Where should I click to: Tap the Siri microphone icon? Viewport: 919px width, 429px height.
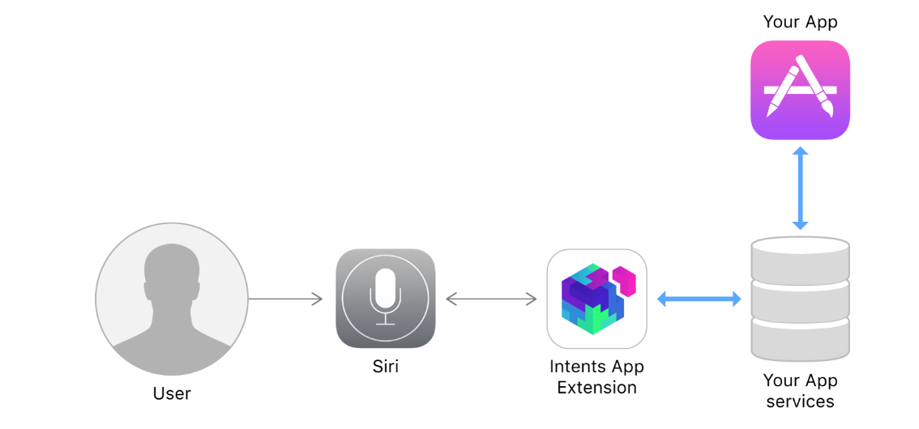[385, 298]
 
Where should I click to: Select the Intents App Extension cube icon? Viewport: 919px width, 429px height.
[597, 298]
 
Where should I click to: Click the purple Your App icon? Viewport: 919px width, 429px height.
[800, 90]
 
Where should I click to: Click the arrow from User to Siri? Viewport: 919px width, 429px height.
[285, 299]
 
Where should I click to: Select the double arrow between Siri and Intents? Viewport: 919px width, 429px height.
[491, 299]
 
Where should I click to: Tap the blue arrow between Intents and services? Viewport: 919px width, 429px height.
[699, 299]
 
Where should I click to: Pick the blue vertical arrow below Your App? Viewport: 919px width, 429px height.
[800, 188]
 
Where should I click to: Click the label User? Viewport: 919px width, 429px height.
[172, 394]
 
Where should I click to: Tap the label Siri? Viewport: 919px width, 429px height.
[385, 367]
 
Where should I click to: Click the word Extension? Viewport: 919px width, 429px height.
[596, 388]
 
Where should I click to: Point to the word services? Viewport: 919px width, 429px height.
[800, 401]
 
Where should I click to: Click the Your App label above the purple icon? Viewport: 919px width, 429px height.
[800, 22]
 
